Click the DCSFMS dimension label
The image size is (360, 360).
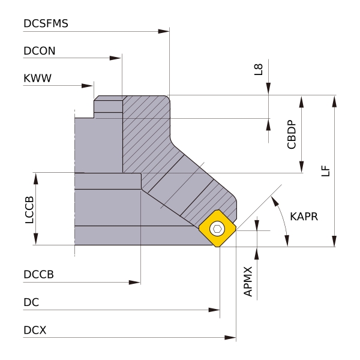coord(46,24)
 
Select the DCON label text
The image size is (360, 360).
coord(40,51)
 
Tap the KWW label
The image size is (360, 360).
coord(37,79)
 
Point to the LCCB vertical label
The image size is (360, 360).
coord(29,209)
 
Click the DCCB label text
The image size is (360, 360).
coord(39,275)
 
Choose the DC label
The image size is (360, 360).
coord(31,302)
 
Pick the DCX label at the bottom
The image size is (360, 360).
coord(35,331)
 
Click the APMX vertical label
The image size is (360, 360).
coord(248,281)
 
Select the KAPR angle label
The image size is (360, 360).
coord(304,216)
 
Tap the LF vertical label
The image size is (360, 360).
coord(325,170)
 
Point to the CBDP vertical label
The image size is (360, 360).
coord(292,134)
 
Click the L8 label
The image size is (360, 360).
coord(259,68)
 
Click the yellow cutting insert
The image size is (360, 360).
coord(217,229)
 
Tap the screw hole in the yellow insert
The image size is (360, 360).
coord(217,229)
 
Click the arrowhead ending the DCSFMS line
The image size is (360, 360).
coord(164,31)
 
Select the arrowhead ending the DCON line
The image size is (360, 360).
coord(116,58)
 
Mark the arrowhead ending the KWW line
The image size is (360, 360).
coord(88,86)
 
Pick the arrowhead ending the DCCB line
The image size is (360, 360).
coord(135,282)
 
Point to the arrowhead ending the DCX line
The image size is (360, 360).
coord(230,338)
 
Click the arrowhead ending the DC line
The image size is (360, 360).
coord(214,310)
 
